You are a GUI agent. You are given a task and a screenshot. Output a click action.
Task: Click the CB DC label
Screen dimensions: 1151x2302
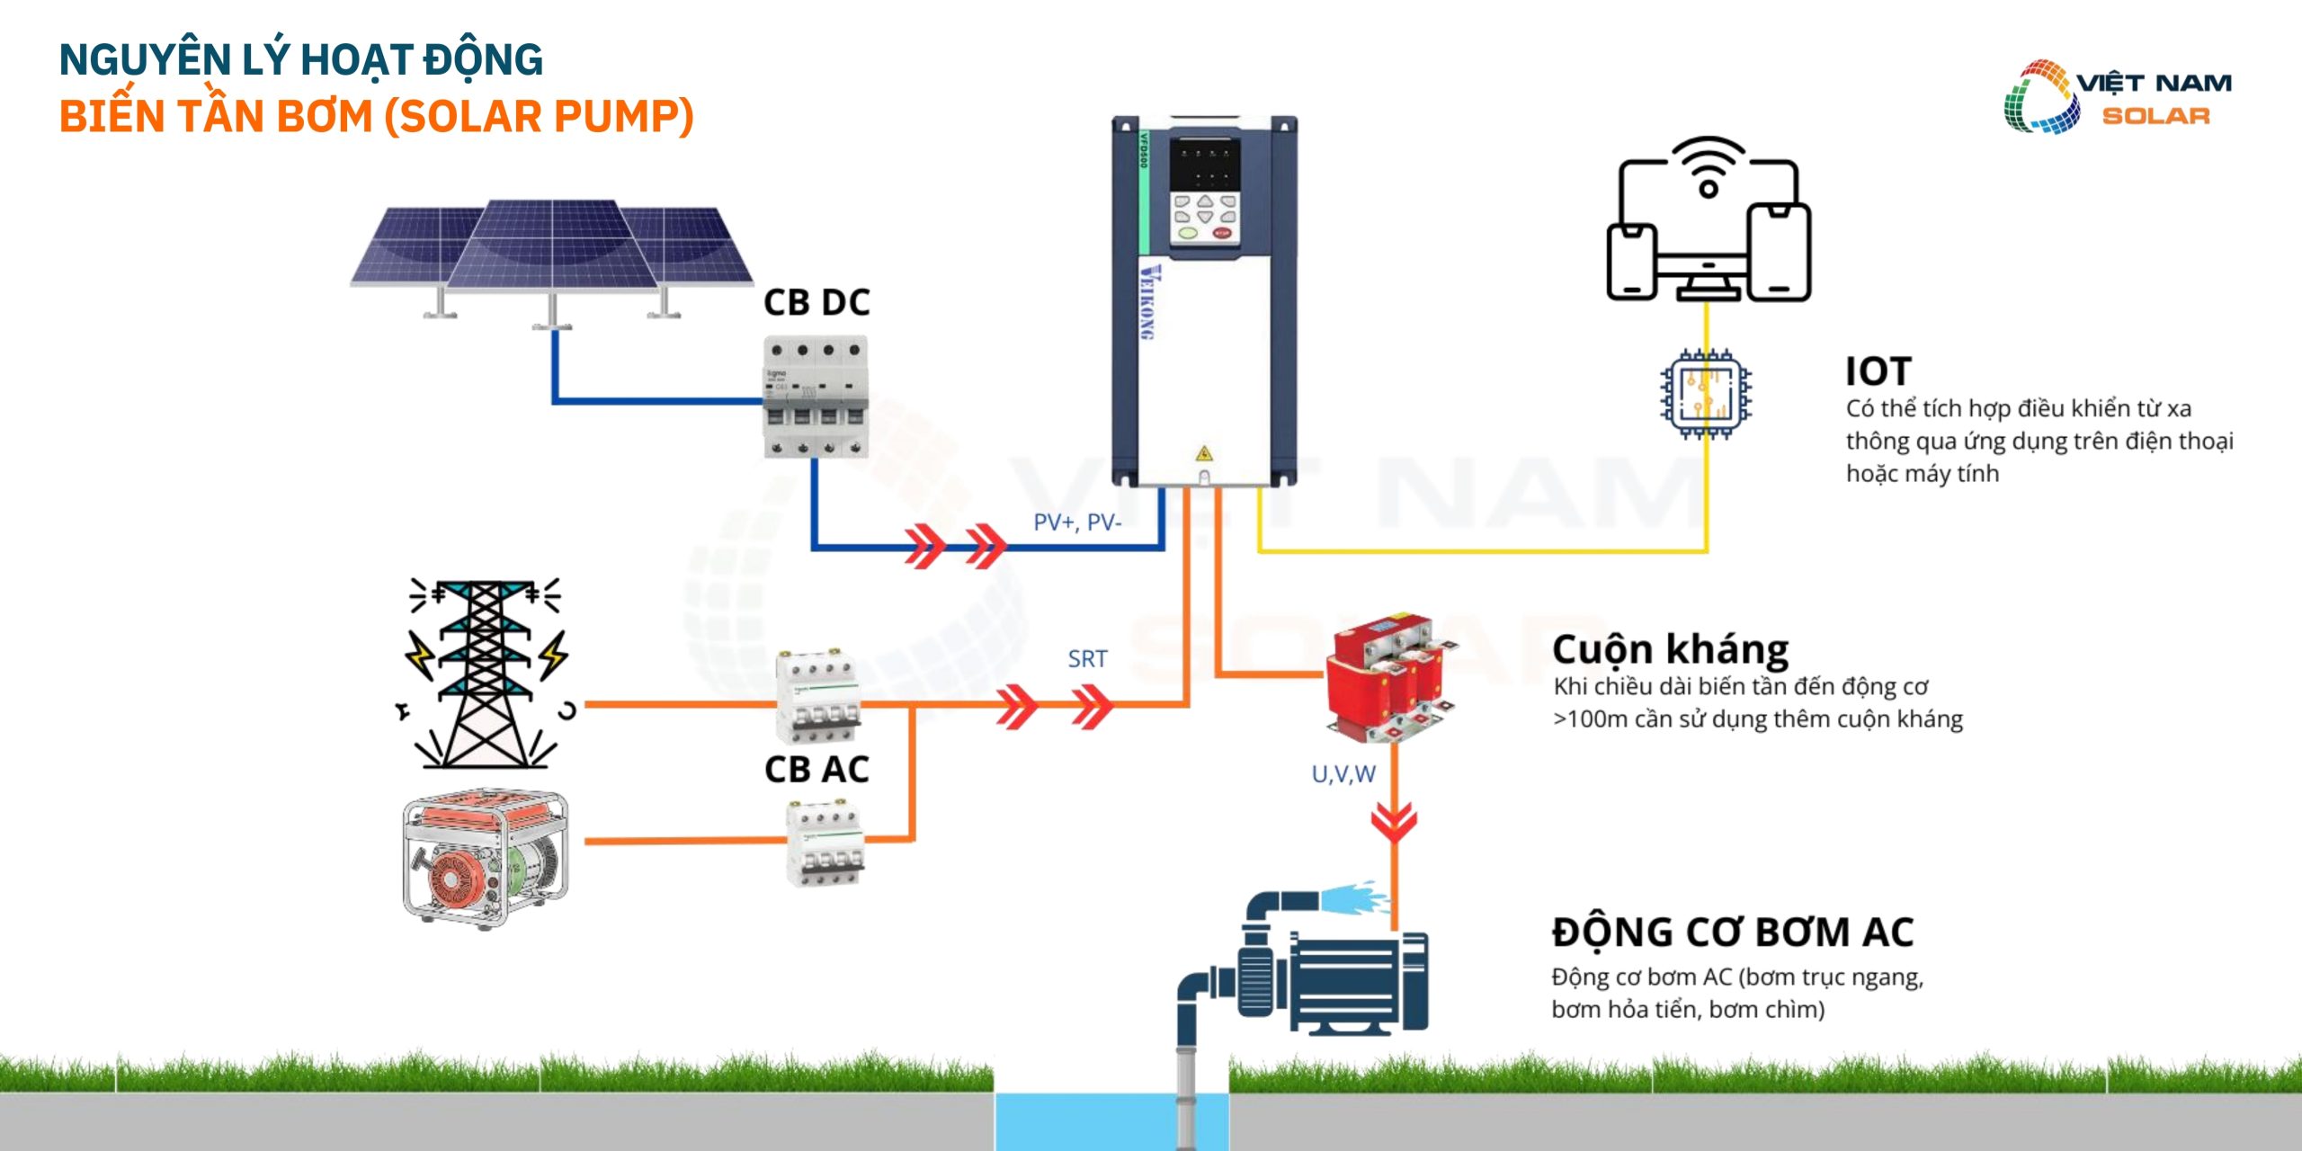[x=816, y=303]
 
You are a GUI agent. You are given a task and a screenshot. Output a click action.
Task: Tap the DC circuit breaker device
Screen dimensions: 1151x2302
[x=816, y=397]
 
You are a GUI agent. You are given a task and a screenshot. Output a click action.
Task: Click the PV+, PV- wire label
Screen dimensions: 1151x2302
[x=1077, y=522]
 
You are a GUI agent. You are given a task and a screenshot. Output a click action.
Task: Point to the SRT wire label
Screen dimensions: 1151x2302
[x=1087, y=659]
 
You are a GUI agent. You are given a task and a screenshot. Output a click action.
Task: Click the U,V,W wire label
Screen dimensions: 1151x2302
[x=1343, y=774]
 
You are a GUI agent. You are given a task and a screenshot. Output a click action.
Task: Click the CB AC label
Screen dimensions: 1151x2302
[x=816, y=770]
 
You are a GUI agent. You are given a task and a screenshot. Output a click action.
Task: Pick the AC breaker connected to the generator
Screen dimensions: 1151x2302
[x=825, y=843]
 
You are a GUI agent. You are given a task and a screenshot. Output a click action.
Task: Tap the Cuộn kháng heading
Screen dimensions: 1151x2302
[x=1670, y=649]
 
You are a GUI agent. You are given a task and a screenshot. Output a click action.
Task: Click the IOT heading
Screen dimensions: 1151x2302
[x=1878, y=371]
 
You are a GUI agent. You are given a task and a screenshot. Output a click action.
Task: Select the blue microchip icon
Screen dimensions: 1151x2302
[x=1705, y=395]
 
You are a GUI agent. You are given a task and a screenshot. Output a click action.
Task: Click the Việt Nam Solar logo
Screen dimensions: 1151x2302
[x=2117, y=97]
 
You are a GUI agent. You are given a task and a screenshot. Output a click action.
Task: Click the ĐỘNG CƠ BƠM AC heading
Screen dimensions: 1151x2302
[x=1732, y=932]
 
